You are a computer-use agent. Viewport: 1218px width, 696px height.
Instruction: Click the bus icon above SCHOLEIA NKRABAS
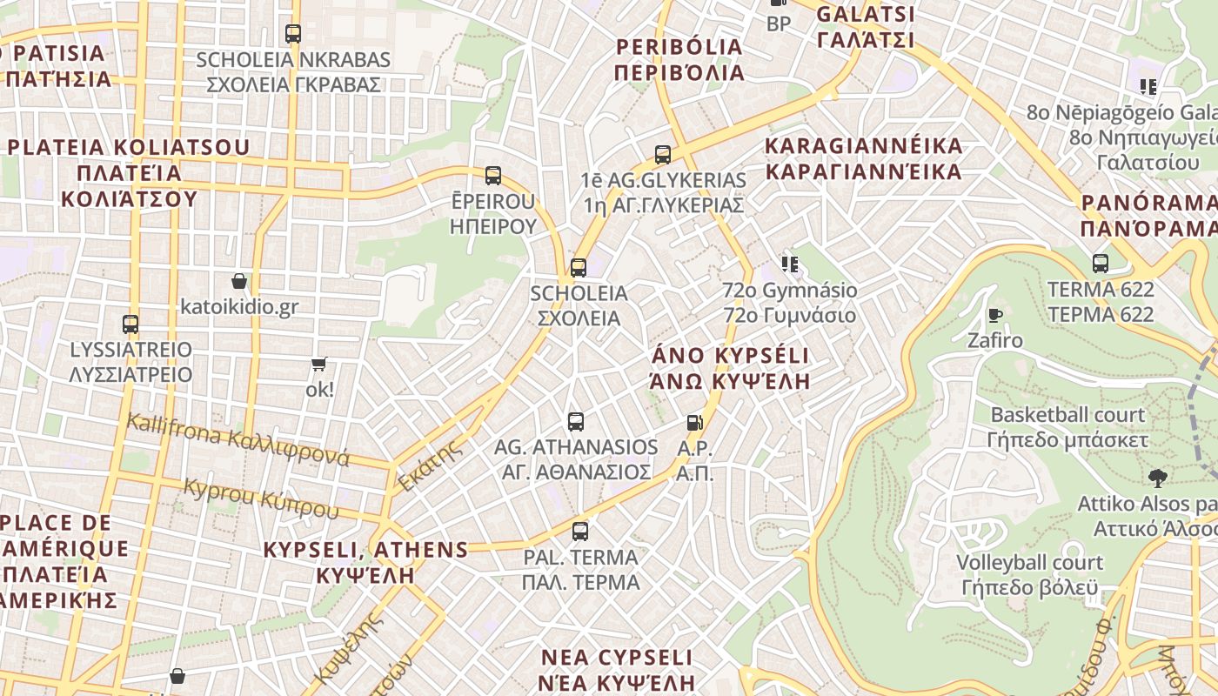[x=293, y=34]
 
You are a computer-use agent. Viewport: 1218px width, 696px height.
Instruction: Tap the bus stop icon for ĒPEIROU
[x=493, y=176]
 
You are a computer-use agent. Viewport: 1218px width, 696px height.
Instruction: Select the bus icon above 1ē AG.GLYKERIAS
[x=663, y=155]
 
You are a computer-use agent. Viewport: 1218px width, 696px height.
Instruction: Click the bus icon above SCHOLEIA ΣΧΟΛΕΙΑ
[x=579, y=268]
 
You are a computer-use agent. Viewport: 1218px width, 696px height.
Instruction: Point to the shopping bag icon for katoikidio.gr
[x=239, y=281]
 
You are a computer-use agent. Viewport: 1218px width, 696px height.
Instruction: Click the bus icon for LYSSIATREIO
[x=130, y=325]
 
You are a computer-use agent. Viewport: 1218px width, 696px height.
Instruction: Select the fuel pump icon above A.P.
[x=694, y=423]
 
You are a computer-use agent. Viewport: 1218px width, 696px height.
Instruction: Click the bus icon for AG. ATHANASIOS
[x=576, y=422]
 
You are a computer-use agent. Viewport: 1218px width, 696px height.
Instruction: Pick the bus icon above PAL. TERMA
[x=580, y=531]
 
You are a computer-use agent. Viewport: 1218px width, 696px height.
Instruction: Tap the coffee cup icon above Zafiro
[x=995, y=314]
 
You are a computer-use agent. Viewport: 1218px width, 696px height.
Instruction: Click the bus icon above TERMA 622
[x=1101, y=263]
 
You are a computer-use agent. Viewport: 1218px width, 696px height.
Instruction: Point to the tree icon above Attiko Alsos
[x=1157, y=478]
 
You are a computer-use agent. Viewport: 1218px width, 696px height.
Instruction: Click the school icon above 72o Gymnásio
[x=789, y=264]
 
